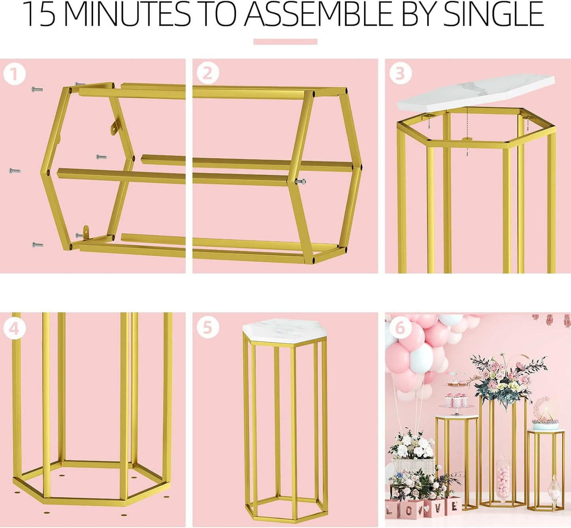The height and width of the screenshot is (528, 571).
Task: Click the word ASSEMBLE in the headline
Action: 320,15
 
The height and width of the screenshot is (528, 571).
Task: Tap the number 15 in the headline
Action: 39,15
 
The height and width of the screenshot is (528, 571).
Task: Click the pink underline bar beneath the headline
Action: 285,41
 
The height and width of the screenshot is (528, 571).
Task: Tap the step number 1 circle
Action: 15,74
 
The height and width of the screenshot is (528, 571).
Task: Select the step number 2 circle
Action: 208,73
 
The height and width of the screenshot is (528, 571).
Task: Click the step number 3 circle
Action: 400,73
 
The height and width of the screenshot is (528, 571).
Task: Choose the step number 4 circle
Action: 15,328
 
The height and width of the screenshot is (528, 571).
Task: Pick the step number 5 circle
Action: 208,327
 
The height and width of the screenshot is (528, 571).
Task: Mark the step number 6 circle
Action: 400,328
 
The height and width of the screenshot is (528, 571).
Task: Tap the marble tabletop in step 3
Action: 476,93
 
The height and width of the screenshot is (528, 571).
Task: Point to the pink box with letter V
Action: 438,507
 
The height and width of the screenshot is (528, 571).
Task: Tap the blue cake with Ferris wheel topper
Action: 545,421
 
